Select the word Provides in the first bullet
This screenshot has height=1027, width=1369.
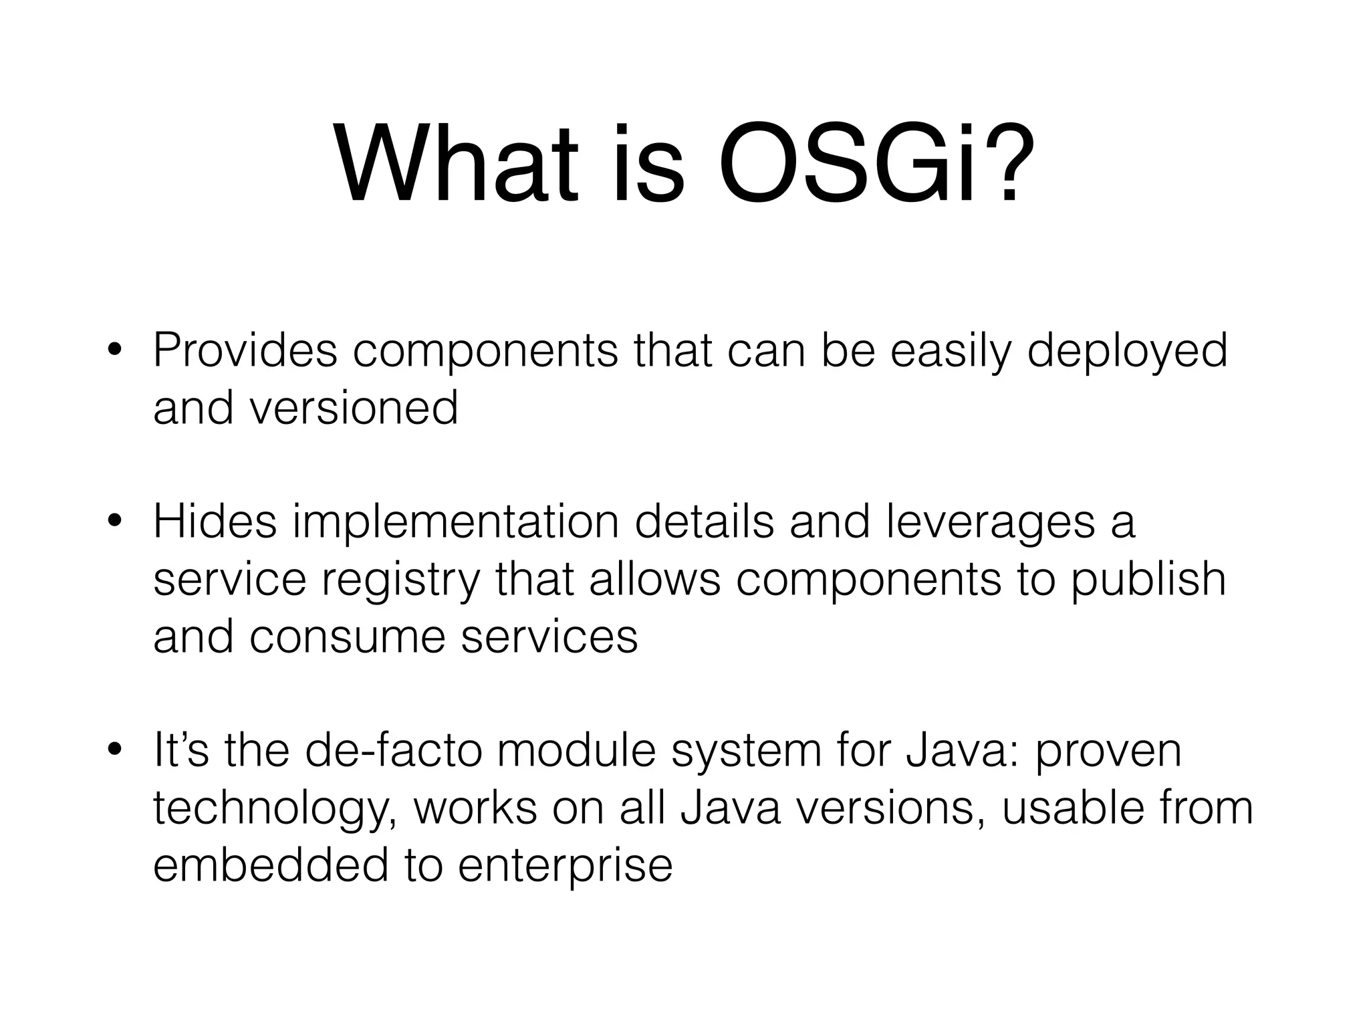point(245,350)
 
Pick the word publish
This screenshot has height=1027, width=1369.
point(1149,580)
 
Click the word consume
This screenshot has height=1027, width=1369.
point(347,637)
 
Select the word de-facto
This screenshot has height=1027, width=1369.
point(393,750)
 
